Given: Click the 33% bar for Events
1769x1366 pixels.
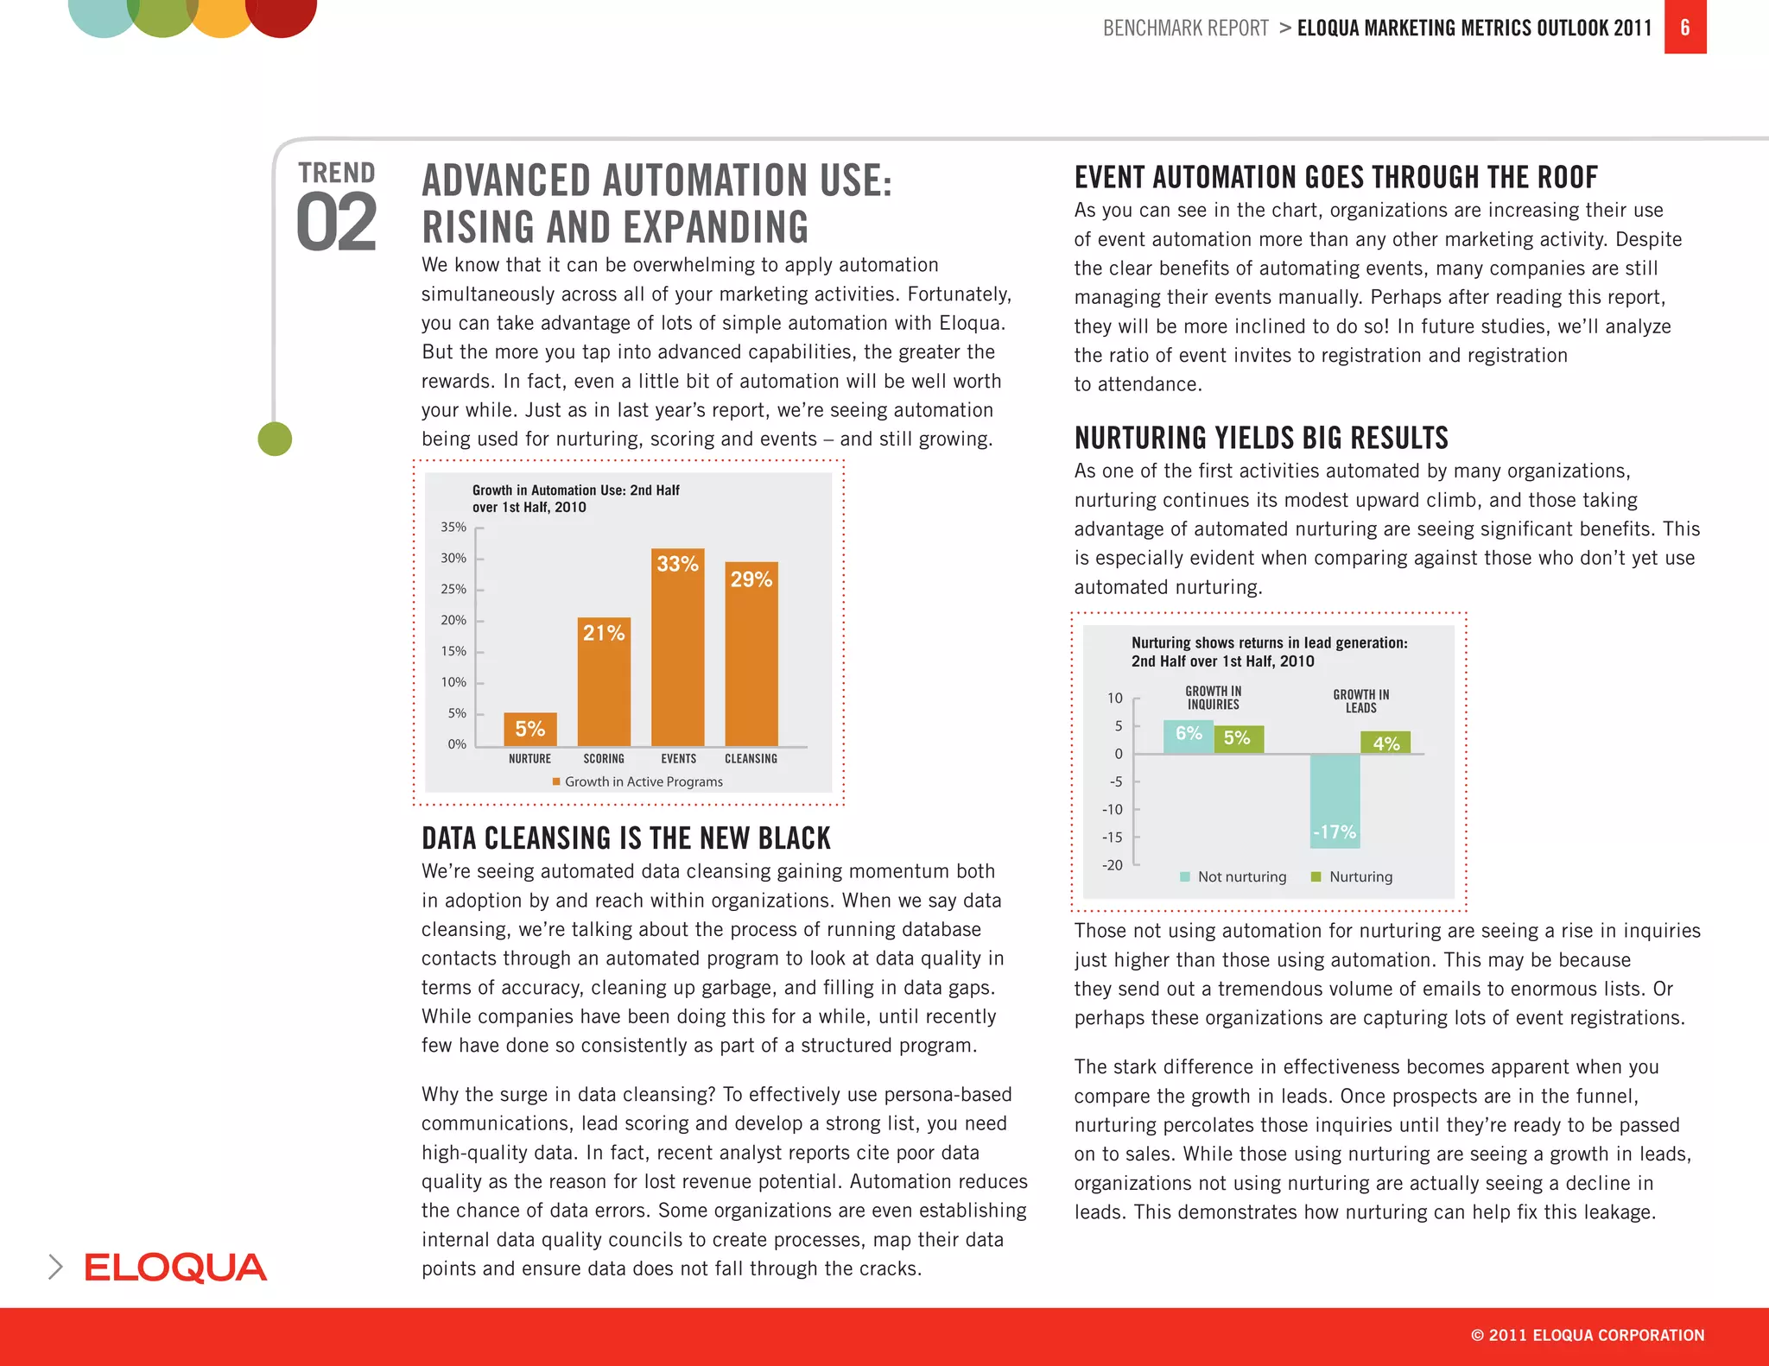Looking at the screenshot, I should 677,648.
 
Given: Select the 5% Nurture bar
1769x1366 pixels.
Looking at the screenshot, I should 529,730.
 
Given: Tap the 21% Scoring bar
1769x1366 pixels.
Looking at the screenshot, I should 604,682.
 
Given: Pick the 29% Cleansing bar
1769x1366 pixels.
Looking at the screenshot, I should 751,655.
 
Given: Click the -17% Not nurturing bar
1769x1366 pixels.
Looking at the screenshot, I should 1335,800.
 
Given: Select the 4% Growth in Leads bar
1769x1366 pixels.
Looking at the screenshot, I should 1385,743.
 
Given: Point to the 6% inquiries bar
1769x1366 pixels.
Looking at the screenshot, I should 1188,736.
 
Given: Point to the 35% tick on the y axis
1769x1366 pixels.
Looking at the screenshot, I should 453,527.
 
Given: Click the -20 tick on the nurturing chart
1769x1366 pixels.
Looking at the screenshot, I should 1113,865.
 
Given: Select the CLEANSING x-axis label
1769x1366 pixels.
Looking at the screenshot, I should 751,758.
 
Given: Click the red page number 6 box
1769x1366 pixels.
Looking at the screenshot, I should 1684,28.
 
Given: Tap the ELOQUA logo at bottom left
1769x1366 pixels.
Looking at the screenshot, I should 175,1268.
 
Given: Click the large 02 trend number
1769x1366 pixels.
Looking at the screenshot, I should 336,224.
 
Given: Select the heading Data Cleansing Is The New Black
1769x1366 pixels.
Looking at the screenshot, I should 625,838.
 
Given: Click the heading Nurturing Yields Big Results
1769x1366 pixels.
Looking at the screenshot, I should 1260,438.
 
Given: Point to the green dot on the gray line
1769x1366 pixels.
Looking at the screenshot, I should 275,439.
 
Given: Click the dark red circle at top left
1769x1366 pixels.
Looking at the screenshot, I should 282,12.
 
